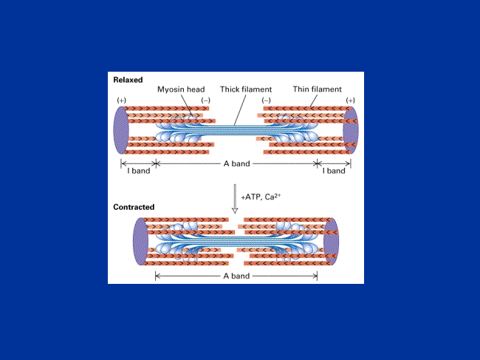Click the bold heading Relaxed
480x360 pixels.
pyautogui.click(x=128, y=80)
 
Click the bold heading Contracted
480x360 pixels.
pyautogui.click(x=134, y=207)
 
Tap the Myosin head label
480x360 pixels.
pyautogui.click(x=181, y=89)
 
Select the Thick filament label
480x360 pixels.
pyautogui.click(x=246, y=89)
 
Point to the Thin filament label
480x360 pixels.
pyautogui.click(x=317, y=89)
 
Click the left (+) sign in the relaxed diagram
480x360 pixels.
pyautogui.click(x=122, y=101)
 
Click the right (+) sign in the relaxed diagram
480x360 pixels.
pyautogui.click(x=350, y=101)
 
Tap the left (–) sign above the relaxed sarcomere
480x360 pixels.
pyautogui.click(x=205, y=101)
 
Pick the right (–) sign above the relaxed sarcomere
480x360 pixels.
pyautogui.click(x=266, y=101)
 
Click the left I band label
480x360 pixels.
pyautogui.click(x=139, y=171)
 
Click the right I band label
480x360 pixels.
pyautogui.click(x=334, y=171)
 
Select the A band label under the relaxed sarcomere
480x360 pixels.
pyautogui.click(x=236, y=163)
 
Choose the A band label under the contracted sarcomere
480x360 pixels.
pyautogui.click(x=236, y=276)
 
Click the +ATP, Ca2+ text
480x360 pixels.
pyautogui.click(x=261, y=197)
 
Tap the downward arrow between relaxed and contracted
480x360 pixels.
pyautogui.click(x=235, y=199)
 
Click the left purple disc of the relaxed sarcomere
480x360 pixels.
pyautogui.click(x=121, y=130)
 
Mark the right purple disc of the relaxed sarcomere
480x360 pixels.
pyautogui.click(x=351, y=130)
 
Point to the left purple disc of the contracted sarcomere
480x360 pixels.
pyautogui.click(x=140, y=242)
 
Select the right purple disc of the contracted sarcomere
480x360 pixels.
pyautogui.click(x=332, y=242)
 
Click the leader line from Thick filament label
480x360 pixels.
pyautogui.click(x=240, y=110)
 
